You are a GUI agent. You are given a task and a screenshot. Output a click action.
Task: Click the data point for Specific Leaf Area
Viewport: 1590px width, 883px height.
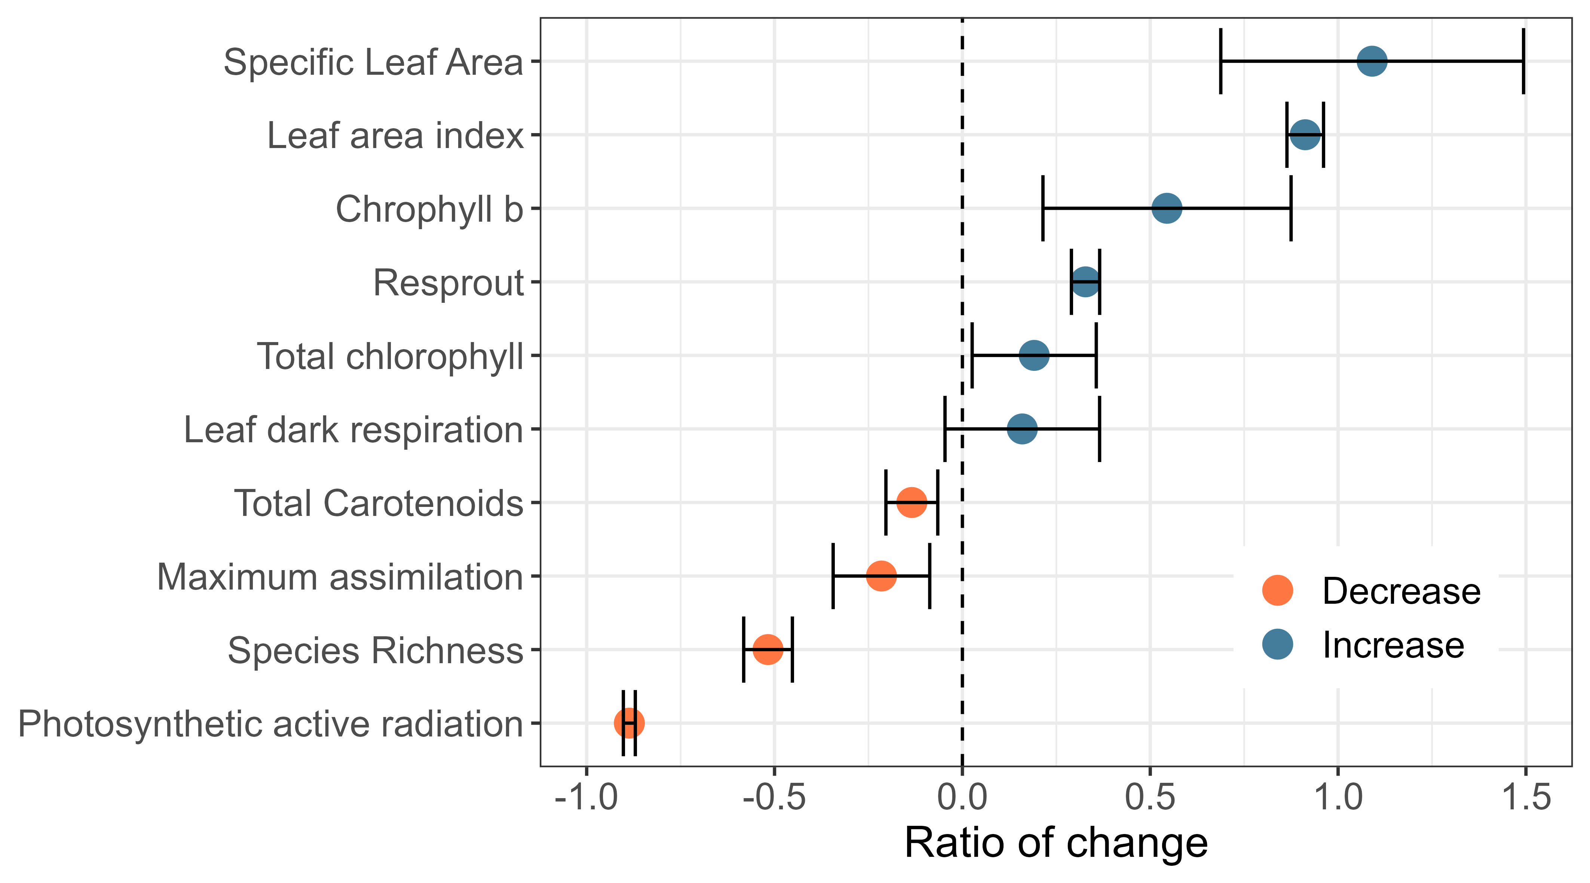click(1372, 61)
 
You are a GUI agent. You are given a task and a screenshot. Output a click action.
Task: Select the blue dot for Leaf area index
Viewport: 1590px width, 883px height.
click(1305, 135)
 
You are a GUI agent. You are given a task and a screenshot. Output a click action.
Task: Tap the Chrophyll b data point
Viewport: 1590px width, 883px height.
click(1167, 208)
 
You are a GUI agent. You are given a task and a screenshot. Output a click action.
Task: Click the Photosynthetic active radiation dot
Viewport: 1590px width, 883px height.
click(629, 723)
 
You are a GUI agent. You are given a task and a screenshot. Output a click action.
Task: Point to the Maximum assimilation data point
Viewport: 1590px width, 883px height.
click(881, 576)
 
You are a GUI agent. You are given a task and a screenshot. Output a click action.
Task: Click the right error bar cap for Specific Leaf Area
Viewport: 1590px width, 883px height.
click(1523, 61)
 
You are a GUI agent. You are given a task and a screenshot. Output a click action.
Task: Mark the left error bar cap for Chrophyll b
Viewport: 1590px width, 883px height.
click(1042, 208)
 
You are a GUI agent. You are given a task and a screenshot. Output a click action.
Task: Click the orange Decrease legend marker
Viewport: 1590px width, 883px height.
click(1277, 591)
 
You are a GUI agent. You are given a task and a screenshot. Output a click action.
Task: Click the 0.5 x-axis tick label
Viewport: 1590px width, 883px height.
click(1149, 797)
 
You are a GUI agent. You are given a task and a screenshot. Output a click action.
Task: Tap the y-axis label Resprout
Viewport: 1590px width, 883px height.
click(448, 283)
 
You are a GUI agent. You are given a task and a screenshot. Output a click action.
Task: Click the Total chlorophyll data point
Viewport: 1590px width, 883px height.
click(1034, 356)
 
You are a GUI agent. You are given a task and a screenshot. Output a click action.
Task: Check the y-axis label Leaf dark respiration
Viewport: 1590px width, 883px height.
click(353, 430)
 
